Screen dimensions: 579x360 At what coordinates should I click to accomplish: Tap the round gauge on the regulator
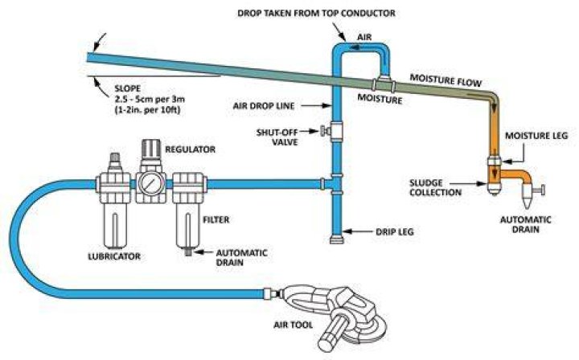pos(150,182)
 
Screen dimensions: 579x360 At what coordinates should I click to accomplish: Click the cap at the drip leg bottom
pos(336,239)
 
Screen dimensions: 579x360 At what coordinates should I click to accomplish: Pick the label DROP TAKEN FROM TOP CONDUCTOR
pos(316,14)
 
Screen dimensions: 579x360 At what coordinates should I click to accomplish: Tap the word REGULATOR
pos(190,149)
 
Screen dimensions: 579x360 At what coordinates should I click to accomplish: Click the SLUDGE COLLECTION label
pos(435,188)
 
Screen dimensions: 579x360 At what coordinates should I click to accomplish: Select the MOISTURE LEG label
pos(536,136)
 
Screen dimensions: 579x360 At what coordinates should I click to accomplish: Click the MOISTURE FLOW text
pos(446,80)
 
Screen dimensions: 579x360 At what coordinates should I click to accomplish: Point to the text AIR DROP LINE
pos(264,106)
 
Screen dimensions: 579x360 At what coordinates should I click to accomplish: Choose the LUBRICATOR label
pos(114,256)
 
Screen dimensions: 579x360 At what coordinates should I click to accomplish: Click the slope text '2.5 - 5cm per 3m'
pos(150,99)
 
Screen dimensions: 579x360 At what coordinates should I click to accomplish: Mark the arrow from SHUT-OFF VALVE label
pos(310,130)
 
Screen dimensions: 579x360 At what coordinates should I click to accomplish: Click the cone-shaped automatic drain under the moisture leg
pos(525,197)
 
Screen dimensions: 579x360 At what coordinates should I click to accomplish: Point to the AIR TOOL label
pos(293,325)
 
